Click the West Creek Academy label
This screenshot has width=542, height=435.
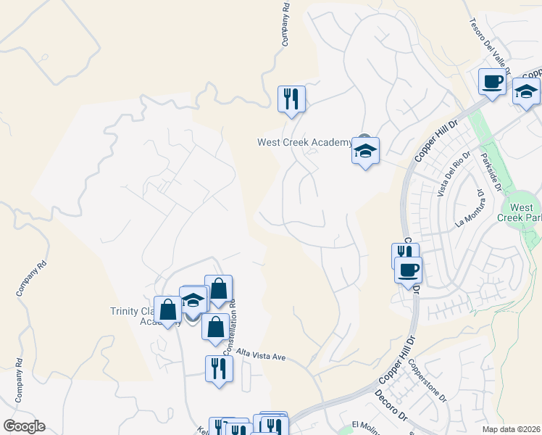(x=304, y=142)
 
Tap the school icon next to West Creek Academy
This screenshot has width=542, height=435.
(x=365, y=151)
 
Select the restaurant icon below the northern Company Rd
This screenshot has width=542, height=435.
(x=291, y=99)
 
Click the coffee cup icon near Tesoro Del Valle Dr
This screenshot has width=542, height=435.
(x=492, y=81)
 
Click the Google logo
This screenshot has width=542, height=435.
(x=24, y=426)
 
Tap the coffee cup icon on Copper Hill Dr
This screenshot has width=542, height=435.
(x=408, y=270)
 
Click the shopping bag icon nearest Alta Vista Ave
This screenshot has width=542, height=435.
(x=215, y=327)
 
